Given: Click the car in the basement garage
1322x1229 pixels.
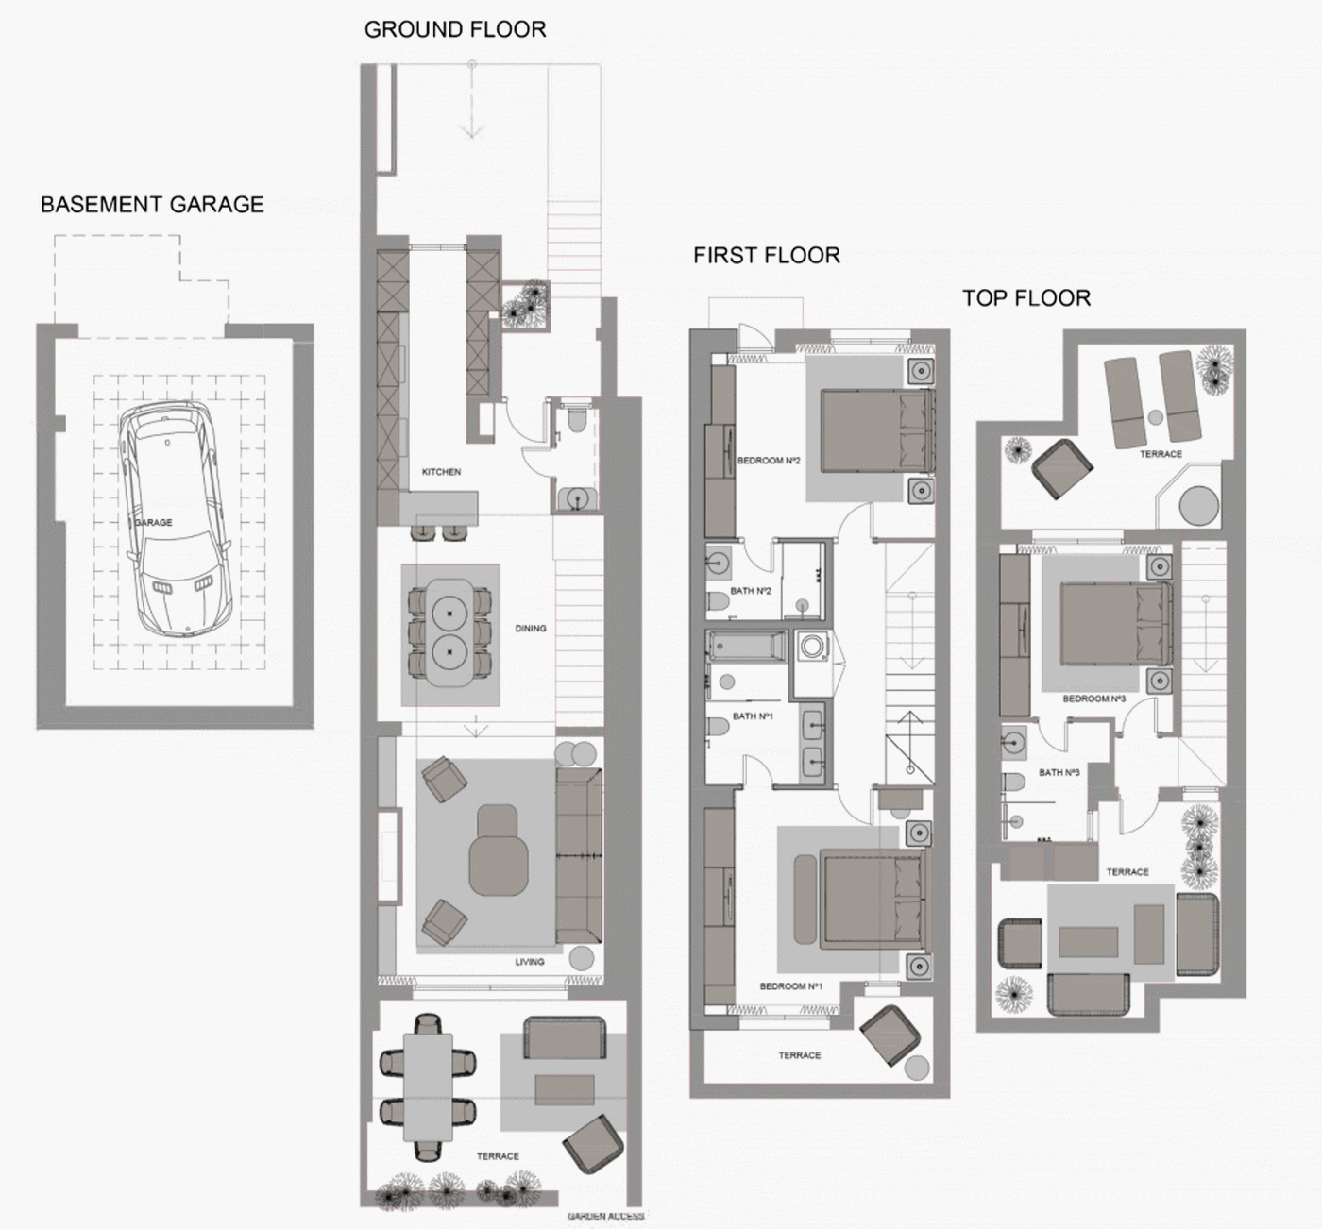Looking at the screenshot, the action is (x=175, y=520).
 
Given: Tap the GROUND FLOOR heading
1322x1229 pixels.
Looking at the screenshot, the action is (x=455, y=30).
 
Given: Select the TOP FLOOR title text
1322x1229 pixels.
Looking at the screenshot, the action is (x=1026, y=298).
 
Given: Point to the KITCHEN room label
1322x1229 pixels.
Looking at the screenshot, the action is (x=441, y=472).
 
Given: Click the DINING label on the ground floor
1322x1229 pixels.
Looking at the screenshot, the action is (x=531, y=628).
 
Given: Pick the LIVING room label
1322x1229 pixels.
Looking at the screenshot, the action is (x=529, y=962).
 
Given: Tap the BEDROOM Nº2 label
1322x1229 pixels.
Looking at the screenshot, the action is (x=768, y=461).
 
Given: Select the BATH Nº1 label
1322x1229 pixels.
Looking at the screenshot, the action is (x=753, y=716).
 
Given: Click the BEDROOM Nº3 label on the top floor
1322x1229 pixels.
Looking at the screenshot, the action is (x=1093, y=699).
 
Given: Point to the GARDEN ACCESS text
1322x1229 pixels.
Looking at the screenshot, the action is (x=605, y=1216).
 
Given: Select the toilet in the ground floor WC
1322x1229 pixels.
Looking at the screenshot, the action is (x=576, y=418).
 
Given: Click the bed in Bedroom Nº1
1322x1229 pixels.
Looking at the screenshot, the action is (x=873, y=898).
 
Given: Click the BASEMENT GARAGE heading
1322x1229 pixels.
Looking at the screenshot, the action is (x=152, y=205).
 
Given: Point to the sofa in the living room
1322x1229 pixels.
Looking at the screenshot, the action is (x=579, y=856).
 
